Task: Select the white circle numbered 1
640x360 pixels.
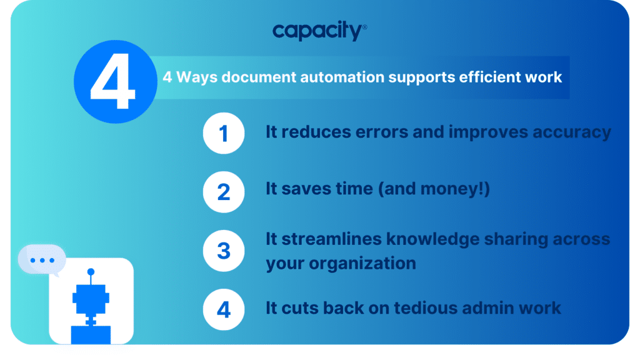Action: [x=223, y=134]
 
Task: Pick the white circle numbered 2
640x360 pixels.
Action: [x=223, y=191]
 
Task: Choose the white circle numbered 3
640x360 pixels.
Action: [x=223, y=251]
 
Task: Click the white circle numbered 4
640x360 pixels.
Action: [x=223, y=309]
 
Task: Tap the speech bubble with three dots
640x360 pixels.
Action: [x=42, y=260]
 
